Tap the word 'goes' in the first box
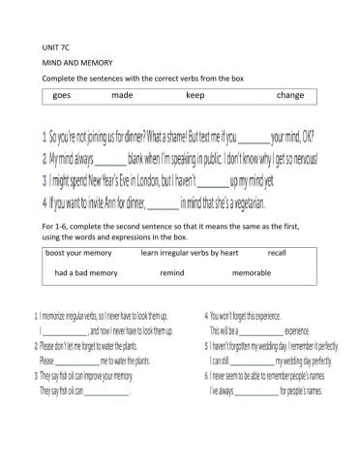(62, 96)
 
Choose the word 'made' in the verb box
(122, 96)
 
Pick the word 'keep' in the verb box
(195, 96)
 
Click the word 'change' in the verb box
(289, 96)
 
